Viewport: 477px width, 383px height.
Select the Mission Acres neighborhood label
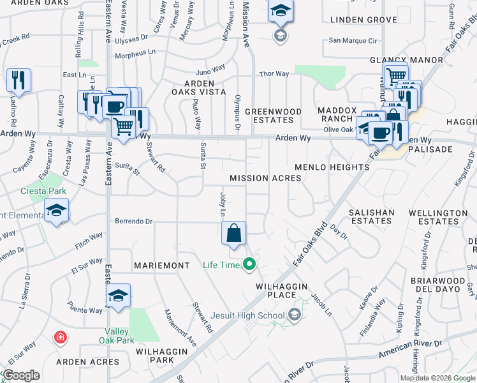point(265,178)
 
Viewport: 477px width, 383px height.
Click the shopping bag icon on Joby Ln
point(234,232)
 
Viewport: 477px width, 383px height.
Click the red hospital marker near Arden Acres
point(61,336)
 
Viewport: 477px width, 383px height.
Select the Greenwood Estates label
point(274,115)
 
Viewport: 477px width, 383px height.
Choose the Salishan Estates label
point(371,216)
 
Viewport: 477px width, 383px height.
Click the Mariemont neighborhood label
point(161,265)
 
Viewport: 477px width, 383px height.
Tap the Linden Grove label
point(363,20)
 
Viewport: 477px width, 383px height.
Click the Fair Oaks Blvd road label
point(311,244)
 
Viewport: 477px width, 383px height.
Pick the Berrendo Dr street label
point(134,222)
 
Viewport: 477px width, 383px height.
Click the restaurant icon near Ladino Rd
point(18,80)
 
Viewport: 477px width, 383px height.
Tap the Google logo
point(21,375)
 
